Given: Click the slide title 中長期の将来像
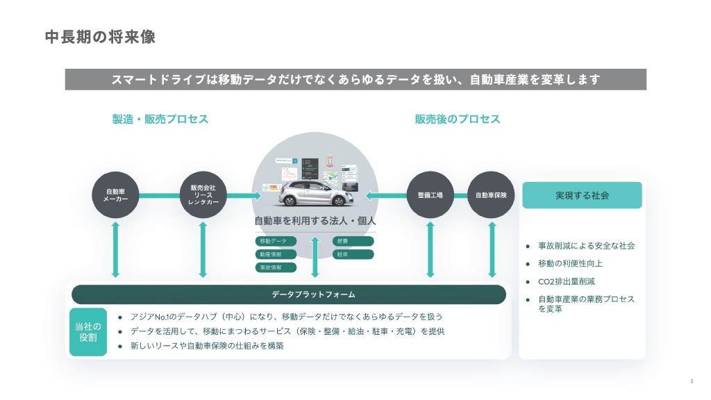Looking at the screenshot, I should pos(100,37).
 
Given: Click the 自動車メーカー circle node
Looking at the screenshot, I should pos(116,195).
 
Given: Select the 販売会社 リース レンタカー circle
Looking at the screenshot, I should pos(203,195).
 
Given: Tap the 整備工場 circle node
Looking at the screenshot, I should pos(430,195).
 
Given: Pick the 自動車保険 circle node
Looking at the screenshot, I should pos(491,195).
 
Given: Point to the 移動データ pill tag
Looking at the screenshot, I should pos(276,241).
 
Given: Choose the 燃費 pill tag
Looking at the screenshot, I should pos(353,241).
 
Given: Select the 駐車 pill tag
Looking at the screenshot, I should pos(353,254).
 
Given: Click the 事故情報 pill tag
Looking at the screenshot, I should pos(276,267).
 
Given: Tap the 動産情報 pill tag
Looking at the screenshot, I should pos(276,254).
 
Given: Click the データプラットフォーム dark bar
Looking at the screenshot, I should pos(288,294).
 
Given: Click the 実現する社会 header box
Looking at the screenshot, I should pos(582,196).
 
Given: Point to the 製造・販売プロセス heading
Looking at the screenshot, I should pos(160,119).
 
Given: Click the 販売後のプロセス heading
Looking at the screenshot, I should pos(458,119).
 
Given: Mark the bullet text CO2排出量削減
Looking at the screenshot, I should pos(567,281).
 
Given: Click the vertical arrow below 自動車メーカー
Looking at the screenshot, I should pos(116,249).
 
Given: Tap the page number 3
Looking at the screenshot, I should pos(692,381).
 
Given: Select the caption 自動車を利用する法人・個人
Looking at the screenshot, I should pos(315,221).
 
